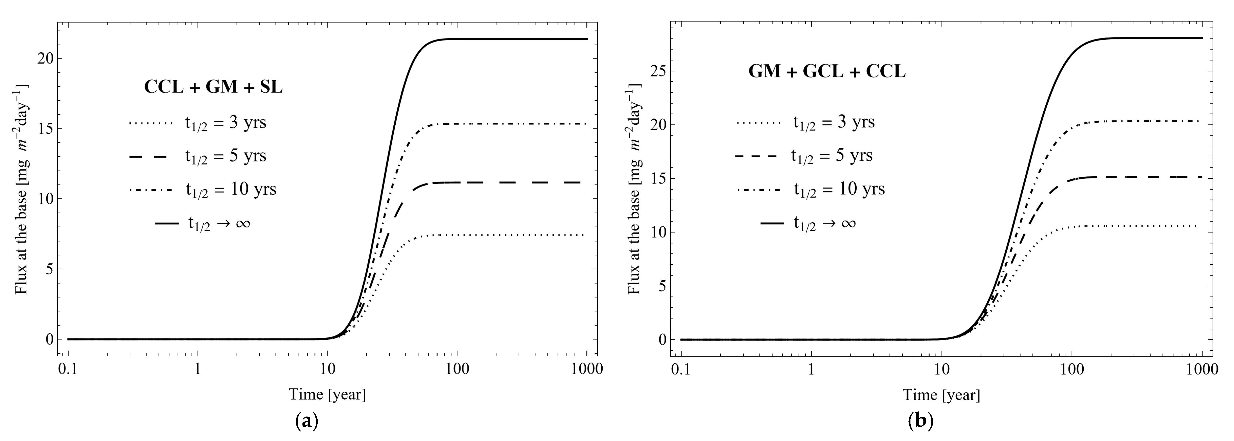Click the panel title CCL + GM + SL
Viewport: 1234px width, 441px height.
click(213, 87)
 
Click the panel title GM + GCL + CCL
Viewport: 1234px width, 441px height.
click(827, 71)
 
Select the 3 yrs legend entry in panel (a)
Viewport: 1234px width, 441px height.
click(197, 123)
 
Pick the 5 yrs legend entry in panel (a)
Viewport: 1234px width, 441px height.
click(197, 156)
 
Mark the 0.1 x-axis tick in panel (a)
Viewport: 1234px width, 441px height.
click(68, 370)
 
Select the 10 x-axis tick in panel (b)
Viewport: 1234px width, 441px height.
click(941, 370)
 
